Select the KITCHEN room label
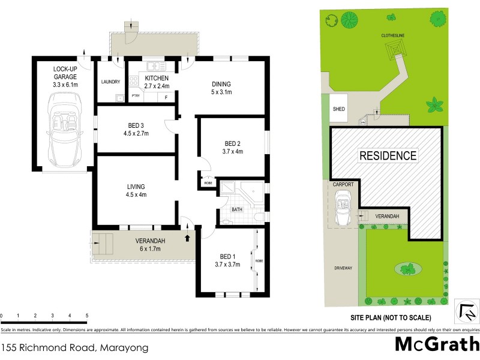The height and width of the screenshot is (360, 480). [156, 78]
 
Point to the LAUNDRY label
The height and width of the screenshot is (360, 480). [111, 82]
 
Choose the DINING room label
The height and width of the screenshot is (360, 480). [221, 84]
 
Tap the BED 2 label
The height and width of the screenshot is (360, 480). [232, 143]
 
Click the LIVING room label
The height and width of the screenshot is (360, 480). [136, 186]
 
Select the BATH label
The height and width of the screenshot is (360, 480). [237, 209]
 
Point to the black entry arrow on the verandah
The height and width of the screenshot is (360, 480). [190, 238]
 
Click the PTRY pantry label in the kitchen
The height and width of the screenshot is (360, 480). [136, 95]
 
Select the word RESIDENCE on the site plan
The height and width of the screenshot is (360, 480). [388, 156]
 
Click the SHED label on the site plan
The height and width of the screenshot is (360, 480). [339, 110]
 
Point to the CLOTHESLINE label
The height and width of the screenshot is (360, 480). [395, 35]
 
